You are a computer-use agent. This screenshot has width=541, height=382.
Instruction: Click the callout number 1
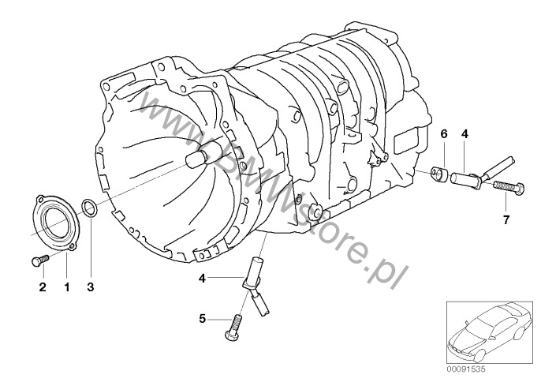66,286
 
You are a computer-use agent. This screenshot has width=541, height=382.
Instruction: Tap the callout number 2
43,286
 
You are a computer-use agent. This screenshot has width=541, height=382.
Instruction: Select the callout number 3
90,286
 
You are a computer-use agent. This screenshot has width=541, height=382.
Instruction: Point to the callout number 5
202,318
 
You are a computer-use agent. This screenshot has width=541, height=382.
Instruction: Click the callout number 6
444,133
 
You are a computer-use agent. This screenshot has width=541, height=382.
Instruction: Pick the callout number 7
506,219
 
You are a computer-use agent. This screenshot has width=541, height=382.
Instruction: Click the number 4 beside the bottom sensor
202,278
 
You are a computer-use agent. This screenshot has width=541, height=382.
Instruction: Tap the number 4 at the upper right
465,133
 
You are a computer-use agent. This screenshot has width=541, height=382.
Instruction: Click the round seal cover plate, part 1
56,222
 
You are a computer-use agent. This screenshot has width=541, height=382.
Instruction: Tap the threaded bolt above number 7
508,188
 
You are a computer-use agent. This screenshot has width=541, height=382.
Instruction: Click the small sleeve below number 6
439,174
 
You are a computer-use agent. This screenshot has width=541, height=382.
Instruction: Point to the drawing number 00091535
466,369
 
